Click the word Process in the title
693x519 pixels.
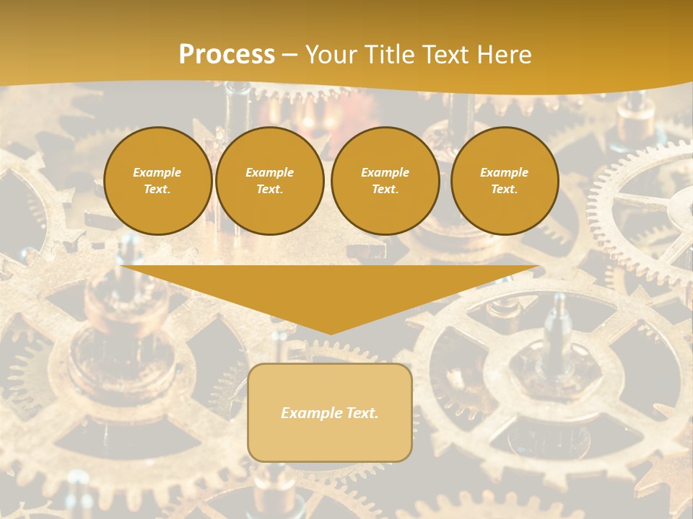point(227,55)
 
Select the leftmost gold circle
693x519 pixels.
point(157,181)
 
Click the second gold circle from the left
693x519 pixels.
point(269,181)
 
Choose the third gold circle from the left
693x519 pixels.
point(385,181)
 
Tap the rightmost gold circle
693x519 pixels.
point(505,181)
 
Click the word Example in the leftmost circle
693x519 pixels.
point(157,172)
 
